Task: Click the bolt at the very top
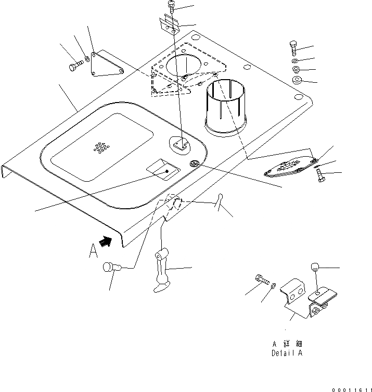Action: click(172, 6)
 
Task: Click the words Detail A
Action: click(287, 353)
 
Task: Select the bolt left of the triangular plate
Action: click(75, 66)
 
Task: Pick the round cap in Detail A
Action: click(315, 268)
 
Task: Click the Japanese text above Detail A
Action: click(287, 344)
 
